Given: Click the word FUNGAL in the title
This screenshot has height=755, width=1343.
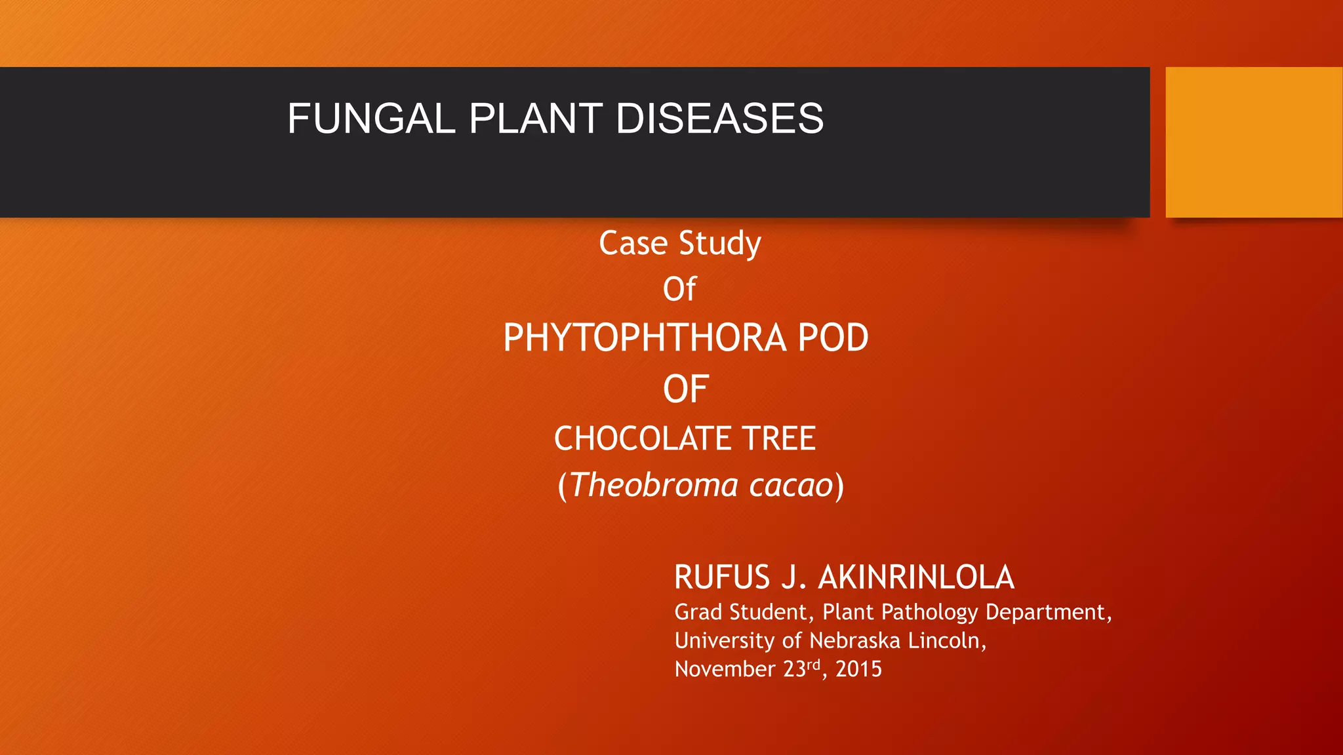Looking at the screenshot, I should pos(371,119).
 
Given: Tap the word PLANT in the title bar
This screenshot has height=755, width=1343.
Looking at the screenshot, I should pos(535,119).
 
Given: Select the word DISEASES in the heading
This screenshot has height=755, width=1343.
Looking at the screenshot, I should pos(719,119).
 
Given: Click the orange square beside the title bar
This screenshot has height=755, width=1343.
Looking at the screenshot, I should pos(1253,142).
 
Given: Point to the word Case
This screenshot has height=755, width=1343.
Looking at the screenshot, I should pos(633,243).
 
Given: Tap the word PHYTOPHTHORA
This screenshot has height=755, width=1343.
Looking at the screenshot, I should pos(645,338).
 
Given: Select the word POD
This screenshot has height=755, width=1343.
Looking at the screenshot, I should pos(833,338).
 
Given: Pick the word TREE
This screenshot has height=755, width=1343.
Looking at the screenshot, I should pos(778,438).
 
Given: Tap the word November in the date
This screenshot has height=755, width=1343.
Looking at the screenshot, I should pos(725,669).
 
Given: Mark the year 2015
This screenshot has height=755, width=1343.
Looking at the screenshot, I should pos(858,669).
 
